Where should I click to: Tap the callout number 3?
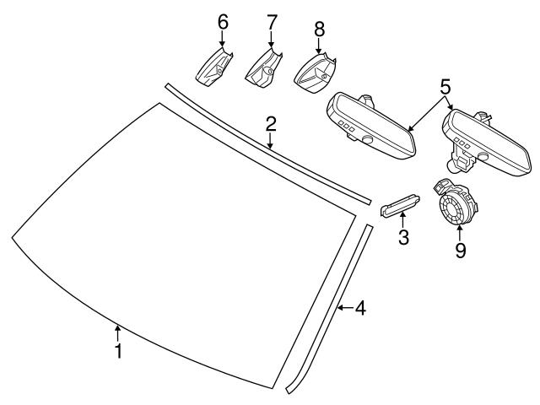[x=404, y=239]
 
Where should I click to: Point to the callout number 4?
[x=360, y=309]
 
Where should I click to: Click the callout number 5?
[x=445, y=85]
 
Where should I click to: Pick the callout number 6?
[x=223, y=21]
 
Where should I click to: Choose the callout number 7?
[x=271, y=21]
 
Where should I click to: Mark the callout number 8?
[x=319, y=28]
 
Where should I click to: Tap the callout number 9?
[x=460, y=250]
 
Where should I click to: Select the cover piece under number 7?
[x=262, y=68]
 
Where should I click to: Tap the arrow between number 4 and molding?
[x=344, y=309]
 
